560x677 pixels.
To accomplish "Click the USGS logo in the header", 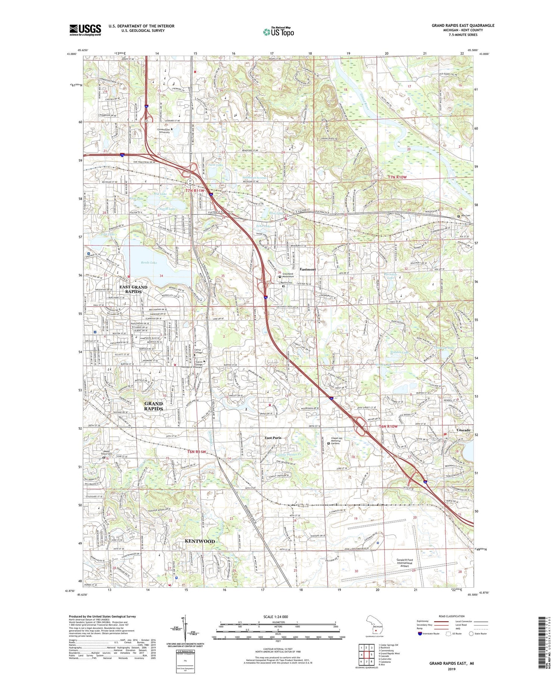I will coord(85,30).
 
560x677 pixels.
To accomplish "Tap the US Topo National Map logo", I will coord(278,32).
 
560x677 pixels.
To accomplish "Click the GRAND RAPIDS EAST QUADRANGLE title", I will coord(463,25).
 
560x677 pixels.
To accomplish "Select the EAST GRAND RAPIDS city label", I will coord(134,289).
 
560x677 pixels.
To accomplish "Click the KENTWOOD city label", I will coord(200,541).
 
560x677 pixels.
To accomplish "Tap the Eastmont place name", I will coord(308,269).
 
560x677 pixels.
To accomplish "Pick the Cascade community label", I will coord(464,430).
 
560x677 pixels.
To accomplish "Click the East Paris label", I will coord(273,438).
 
